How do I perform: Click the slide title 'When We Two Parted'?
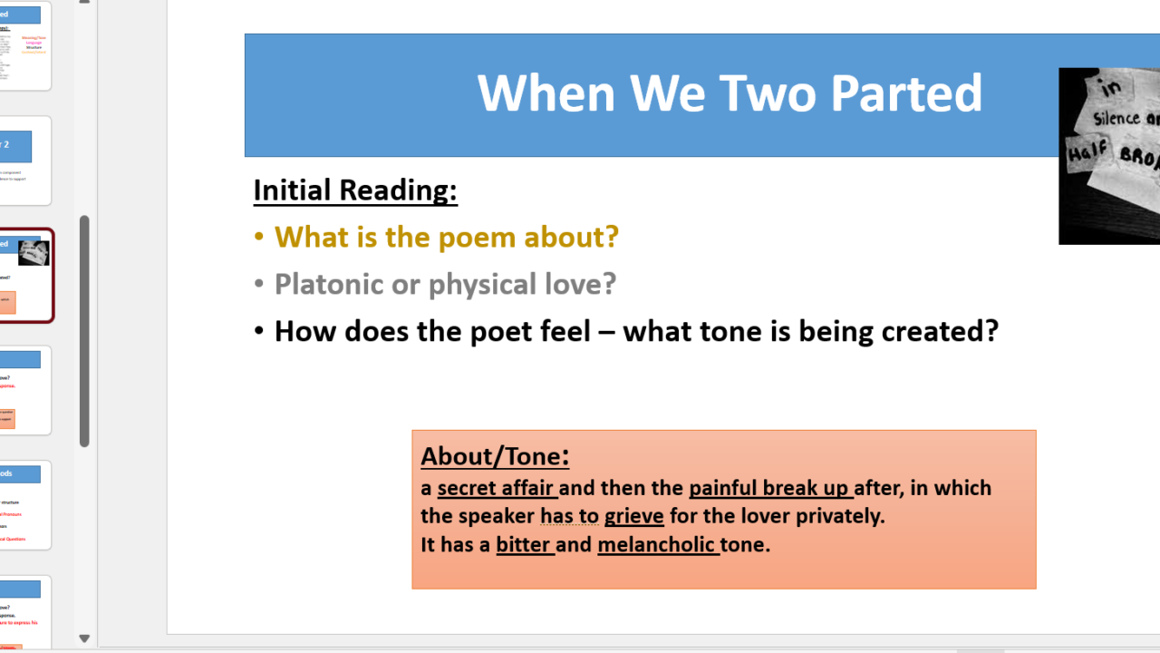tap(730, 93)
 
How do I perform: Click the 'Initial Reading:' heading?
tap(355, 190)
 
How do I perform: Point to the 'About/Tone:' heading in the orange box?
tap(495, 456)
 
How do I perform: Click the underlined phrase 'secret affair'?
tap(496, 489)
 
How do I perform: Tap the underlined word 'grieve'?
tap(633, 517)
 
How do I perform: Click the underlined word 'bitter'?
tap(524, 546)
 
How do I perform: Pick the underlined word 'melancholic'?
tap(657, 546)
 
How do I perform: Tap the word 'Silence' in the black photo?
tap(1116, 118)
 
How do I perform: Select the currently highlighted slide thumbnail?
tap(25, 276)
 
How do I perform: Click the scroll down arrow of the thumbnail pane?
tap(84, 638)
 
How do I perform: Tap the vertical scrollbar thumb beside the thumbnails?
tap(84, 331)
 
